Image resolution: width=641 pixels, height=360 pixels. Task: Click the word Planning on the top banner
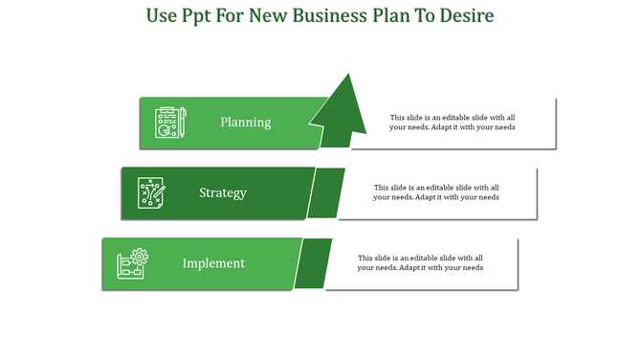click(x=245, y=123)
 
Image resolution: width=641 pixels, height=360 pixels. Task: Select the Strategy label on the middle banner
click(x=223, y=192)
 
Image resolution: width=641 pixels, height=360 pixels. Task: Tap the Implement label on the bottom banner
click(x=213, y=263)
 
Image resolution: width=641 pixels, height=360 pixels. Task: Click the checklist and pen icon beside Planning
click(x=170, y=123)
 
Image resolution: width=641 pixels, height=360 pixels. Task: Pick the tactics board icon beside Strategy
click(x=151, y=192)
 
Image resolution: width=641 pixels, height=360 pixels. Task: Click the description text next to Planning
click(x=453, y=123)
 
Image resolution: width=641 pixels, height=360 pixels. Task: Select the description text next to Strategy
click(x=436, y=192)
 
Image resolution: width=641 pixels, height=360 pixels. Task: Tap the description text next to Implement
click(x=420, y=262)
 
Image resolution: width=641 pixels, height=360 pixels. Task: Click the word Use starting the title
click(x=162, y=16)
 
